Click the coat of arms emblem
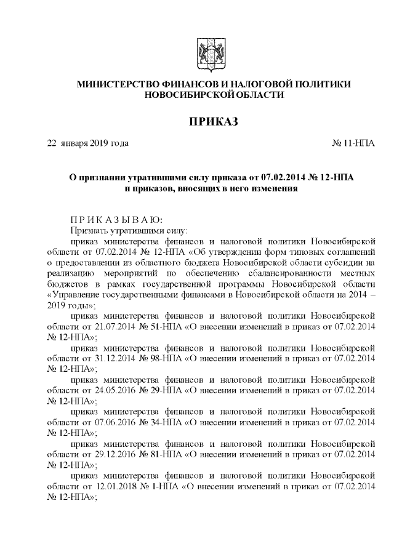click(x=204, y=51)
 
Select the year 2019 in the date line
click(x=98, y=143)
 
